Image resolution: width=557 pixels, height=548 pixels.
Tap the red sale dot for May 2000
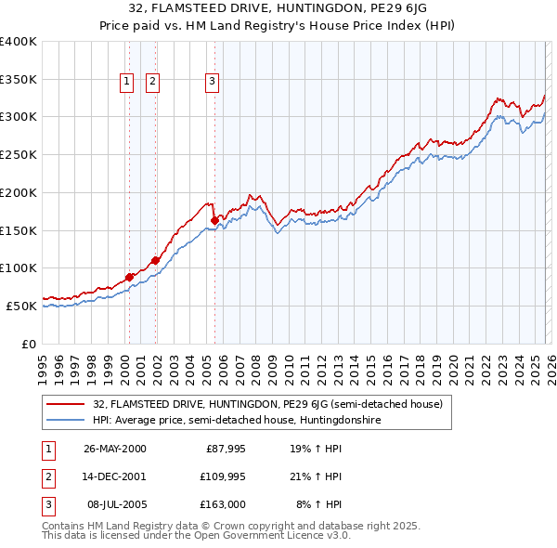pyautogui.click(x=130, y=276)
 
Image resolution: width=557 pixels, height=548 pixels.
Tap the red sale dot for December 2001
pyautogui.click(x=155, y=259)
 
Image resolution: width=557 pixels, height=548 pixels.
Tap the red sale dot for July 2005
pyautogui.click(x=214, y=220)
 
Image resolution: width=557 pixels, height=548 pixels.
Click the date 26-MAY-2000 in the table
pyautogui.click(x=115, y=449)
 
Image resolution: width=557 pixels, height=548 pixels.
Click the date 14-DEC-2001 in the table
pyautogui.click(x=115, y=476)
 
